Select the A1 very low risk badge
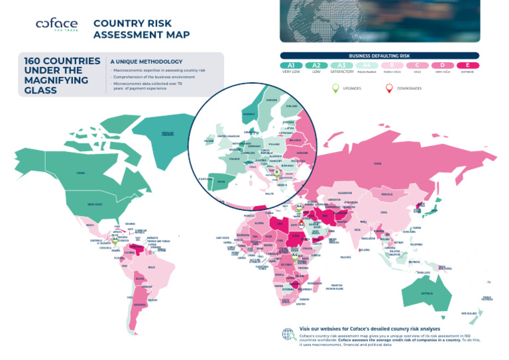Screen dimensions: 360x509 [x=291, y=65]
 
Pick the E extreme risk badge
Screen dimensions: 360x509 [x=469, y=65]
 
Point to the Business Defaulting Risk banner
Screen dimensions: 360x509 [x=380, y=56]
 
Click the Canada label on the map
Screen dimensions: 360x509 [x=80, y=173]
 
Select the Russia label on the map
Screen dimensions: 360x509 [x=378, y=162]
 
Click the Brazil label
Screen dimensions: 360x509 [x=152, y=267]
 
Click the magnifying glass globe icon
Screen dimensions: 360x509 [x=289, y=334]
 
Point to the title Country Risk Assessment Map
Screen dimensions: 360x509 [x=141, y=29]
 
